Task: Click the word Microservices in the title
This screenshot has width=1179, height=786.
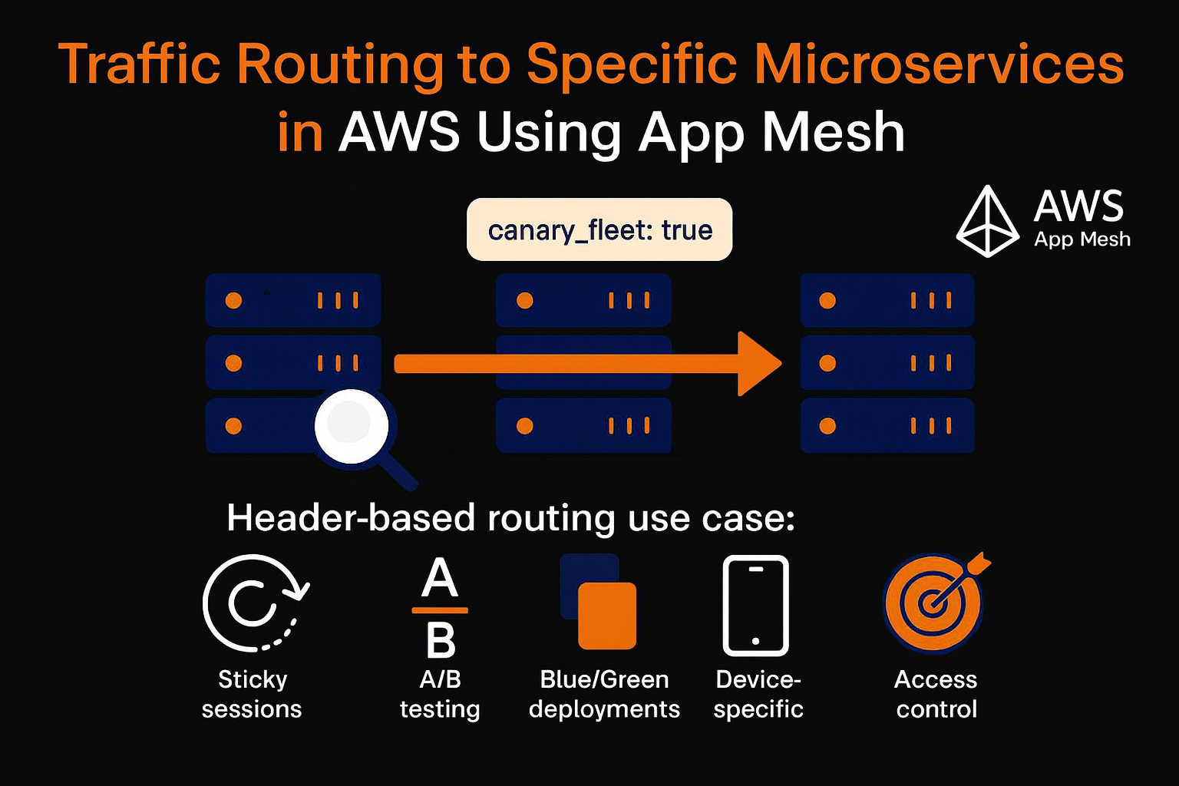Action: click(x=940, y=64)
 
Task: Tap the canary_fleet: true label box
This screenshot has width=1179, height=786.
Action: click(x=599, y=230)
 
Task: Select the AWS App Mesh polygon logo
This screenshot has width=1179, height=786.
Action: click(x=987, y=221)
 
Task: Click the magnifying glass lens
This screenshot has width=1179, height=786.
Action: click(x=351, y=426)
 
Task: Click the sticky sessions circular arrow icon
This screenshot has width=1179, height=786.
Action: click(x=253, y=603)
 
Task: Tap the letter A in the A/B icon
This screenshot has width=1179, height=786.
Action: click(x=440, y=578)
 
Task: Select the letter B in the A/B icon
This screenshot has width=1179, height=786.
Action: click(x=441, y=640)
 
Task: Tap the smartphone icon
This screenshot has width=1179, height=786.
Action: click(x=756, y=605)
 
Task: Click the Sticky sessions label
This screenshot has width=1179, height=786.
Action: click(x=252, y=694)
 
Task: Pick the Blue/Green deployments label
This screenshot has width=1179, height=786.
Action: click(x=604, y=694)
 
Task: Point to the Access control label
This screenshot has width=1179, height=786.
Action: click(x=936, y=694)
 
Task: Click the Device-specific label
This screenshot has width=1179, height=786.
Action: click(x=758, y=694)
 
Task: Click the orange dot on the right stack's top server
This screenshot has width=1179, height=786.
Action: click(x=827, y=300)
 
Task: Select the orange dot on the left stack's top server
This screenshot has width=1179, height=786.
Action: click(x=233, y=300)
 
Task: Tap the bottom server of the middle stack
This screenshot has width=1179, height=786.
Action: click(x=583, y=425)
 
